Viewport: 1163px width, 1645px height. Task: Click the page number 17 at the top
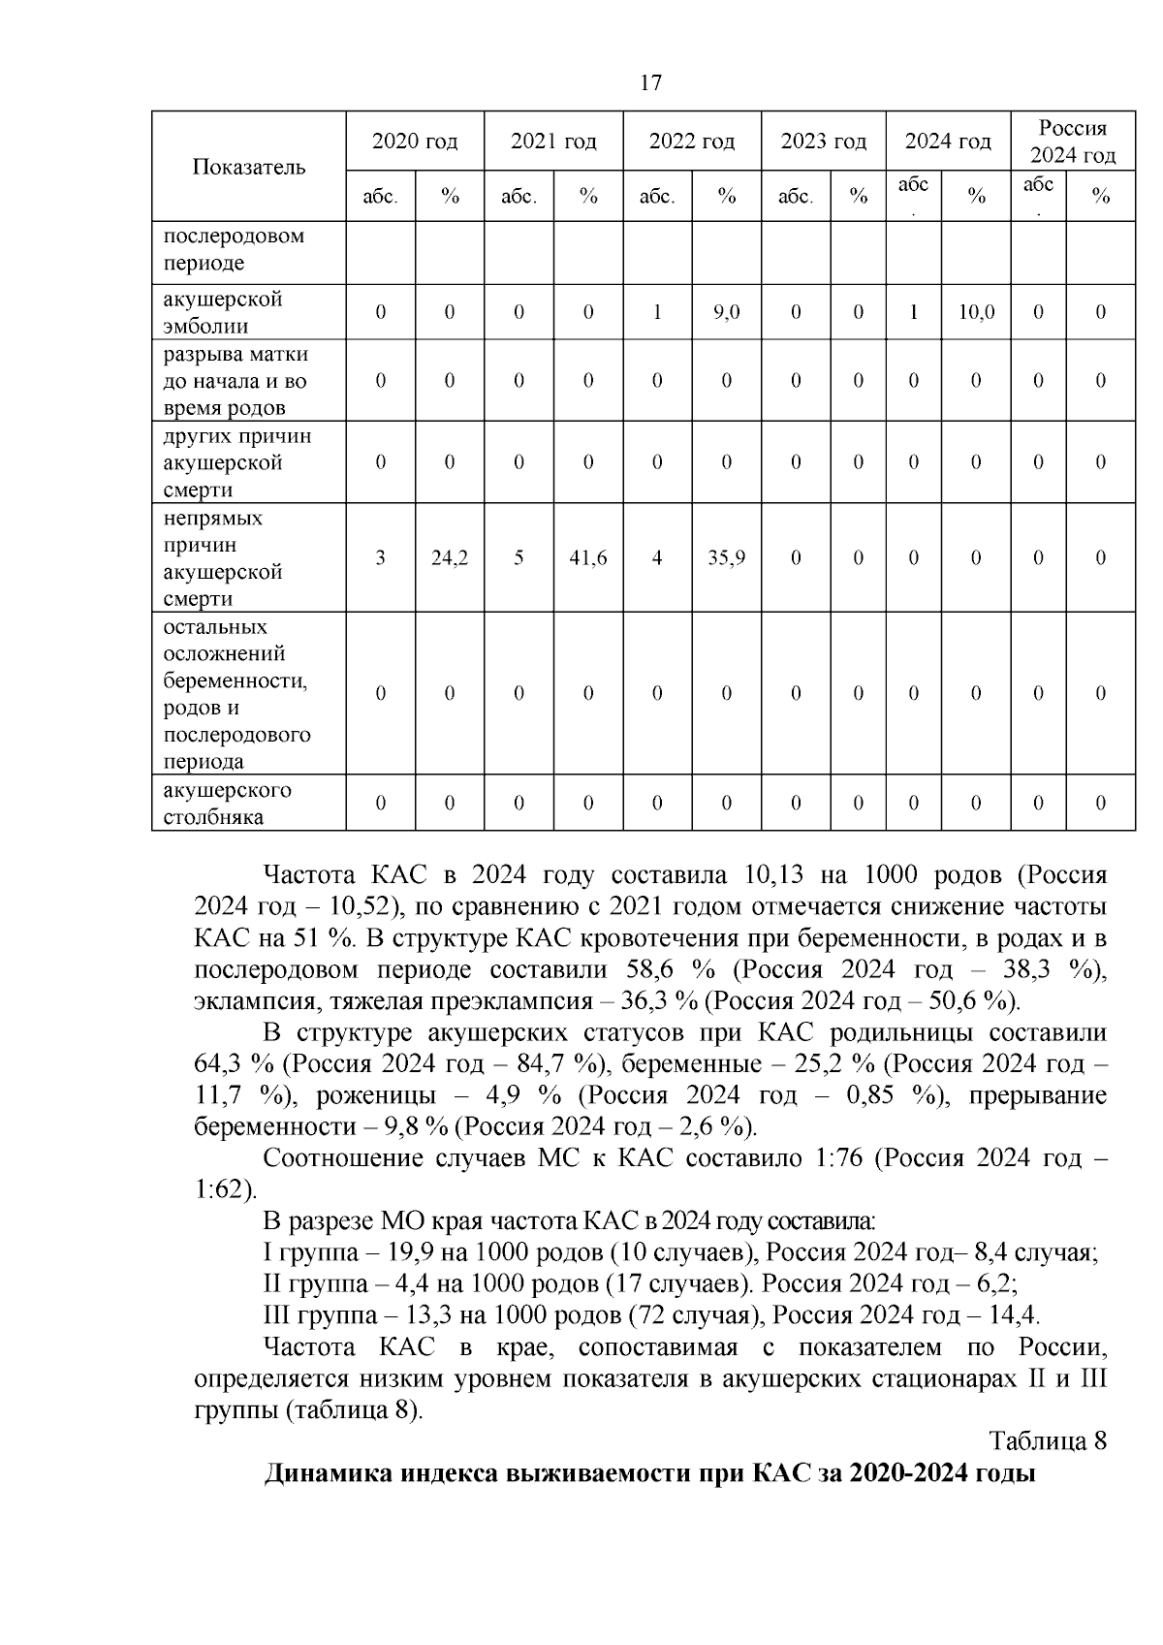651,82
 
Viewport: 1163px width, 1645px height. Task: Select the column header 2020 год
415,142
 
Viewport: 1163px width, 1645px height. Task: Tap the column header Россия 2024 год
1072,142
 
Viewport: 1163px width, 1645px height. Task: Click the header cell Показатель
249,167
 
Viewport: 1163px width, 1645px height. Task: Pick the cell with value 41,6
588,557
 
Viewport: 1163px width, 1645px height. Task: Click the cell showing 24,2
450,557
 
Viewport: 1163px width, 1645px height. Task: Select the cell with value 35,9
726,557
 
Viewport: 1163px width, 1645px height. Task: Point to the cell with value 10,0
976,312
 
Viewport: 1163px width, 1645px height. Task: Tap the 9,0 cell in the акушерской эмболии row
726,312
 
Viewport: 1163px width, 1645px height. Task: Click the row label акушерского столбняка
228,803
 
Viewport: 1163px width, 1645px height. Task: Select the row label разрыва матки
236,355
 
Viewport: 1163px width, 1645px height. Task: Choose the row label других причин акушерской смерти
237,462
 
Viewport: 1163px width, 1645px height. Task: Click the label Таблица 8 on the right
1048,1441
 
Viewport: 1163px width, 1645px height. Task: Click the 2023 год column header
823,142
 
